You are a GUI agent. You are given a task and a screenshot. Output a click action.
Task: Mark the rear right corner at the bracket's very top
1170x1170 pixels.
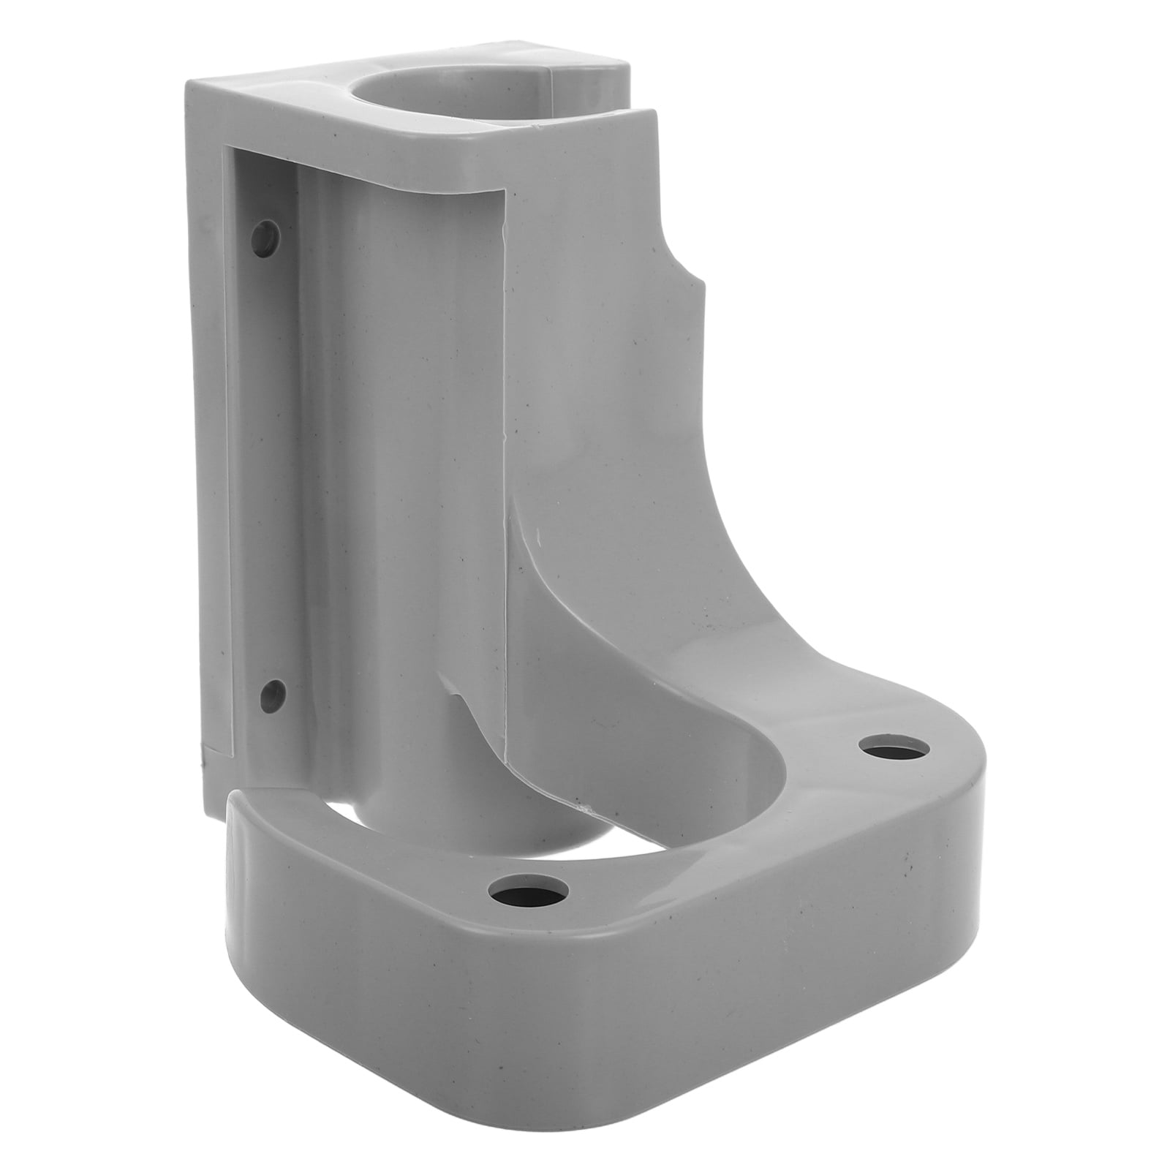[626, 70]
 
